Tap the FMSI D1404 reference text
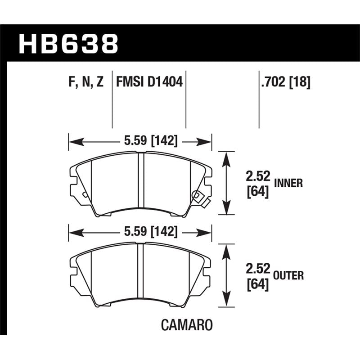tap(149, 82)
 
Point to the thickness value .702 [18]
tap(285, 82)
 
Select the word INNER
tap(288, 183)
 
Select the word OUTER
tap(288, 275)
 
